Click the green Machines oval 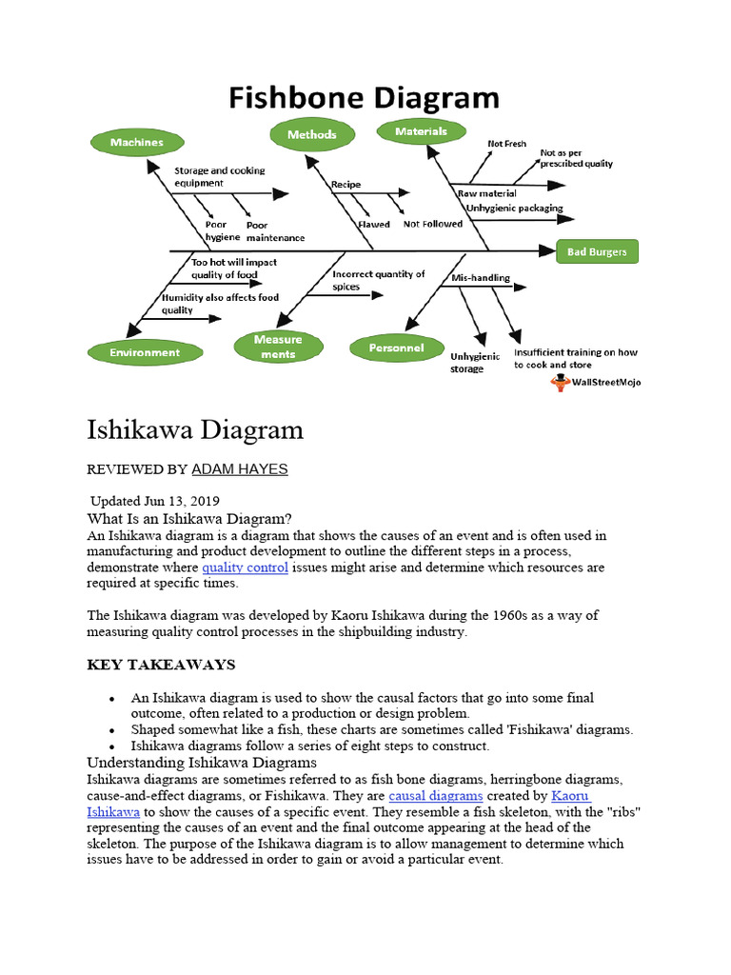(x=137, y=143)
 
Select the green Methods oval (x=312, y=135)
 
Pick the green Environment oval (x=145, y=352)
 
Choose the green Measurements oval (x=277, y=347)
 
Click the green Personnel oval (x=396, y=348)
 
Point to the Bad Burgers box (x=597, y=252)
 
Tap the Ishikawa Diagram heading (x=195, y=429)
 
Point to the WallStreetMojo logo (x=595, y=382)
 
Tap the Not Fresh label (x=506, y=144)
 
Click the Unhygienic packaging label (x=514, y=208)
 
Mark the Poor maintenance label (x=275, y=231)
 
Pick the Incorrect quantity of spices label (x=378, y=279)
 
